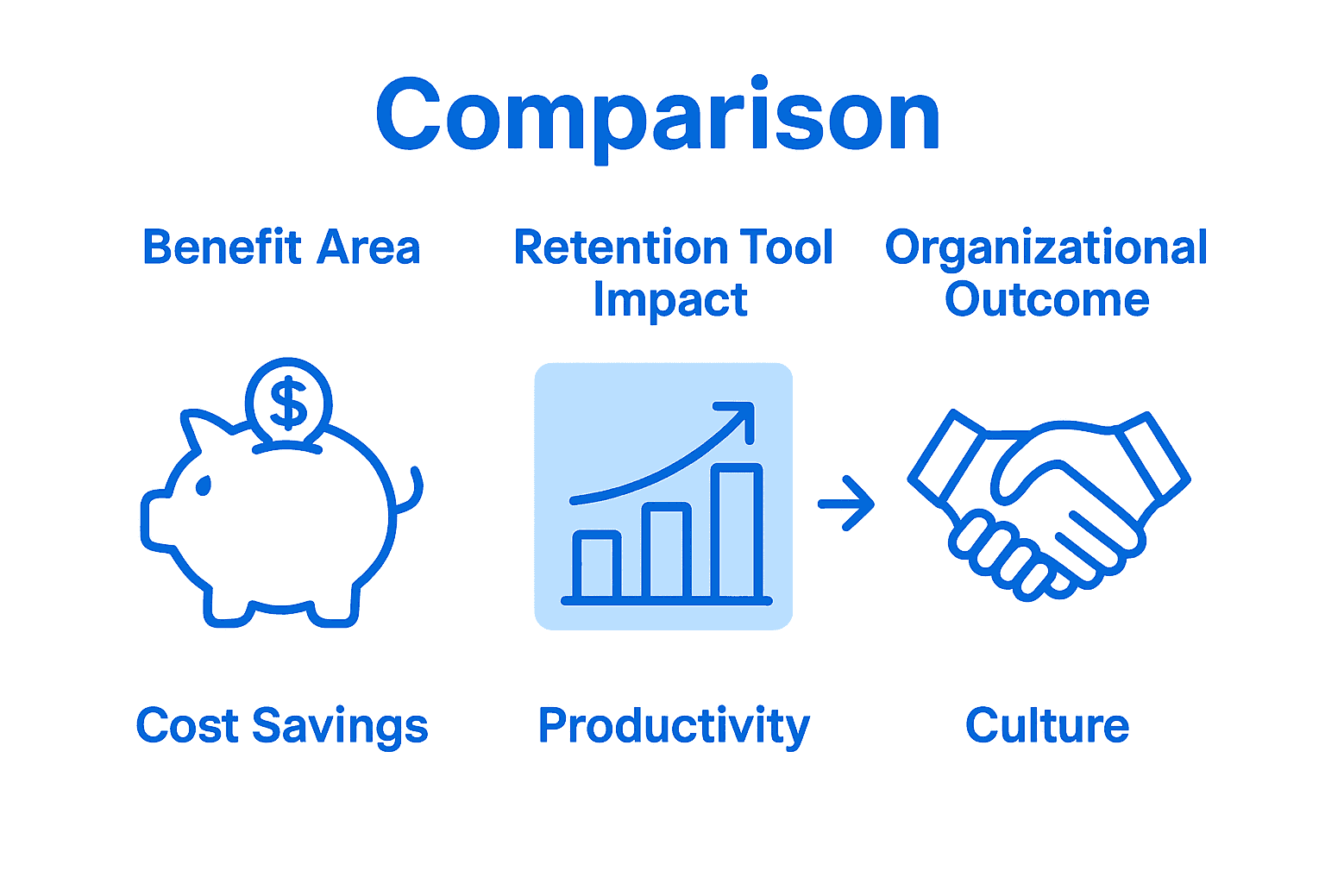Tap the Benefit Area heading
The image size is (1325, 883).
pyautogui.click(x=281, y=247)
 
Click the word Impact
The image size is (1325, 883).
pyautogui.click(x=670, y=300)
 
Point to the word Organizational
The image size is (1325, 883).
pyautogui.click(x=1046, y=248)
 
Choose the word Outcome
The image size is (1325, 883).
pyautogui.click(x=1046, y=300)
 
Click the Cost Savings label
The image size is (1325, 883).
pyautogui.click(x=282, y=725)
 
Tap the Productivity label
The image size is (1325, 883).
pyautogui.click(x=674, y=726)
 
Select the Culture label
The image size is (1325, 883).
pyautogui.click(x=1046, y=725)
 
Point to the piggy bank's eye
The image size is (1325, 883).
pyautogui.click(x=204, y=486)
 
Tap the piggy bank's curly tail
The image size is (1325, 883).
pyautogui.click(x=412, y=492)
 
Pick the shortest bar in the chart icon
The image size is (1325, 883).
pyautogui.click(x=597, y=565)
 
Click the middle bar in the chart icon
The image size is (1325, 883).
pyautogui.click(x=667, y=552)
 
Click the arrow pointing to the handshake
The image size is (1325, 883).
pyautogui.click(x=846, y=503)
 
